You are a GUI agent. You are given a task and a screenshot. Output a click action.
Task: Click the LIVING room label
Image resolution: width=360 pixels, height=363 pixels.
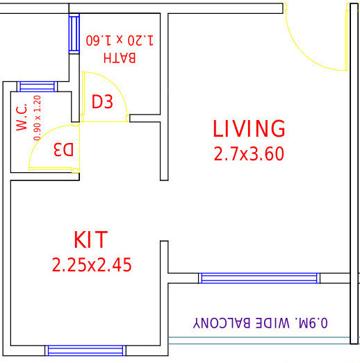pyautogui.click(x=249, y=129)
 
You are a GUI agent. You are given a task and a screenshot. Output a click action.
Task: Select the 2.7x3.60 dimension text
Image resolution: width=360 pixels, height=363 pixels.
pyautogui.click(x=249, y=153)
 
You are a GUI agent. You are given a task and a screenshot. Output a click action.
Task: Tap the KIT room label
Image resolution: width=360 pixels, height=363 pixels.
pyautogui.click(x=91, y=240)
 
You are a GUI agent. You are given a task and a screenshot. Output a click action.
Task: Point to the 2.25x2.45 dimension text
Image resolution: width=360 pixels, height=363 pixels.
pyautogui.click(x=92, y=264)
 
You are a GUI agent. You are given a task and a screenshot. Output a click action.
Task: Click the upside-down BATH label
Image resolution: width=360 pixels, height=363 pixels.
pyautogui.click(x=119, y=57)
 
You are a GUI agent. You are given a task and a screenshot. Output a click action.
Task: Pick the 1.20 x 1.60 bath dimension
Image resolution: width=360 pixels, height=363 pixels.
pyautogui.click(x=119, y=40)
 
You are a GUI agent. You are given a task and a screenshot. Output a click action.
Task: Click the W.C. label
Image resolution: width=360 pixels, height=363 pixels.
pyautogui.click(x=22, y=117)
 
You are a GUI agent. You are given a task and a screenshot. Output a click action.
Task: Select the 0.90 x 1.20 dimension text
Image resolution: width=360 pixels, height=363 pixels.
pyautogui.click(x=37, y=118)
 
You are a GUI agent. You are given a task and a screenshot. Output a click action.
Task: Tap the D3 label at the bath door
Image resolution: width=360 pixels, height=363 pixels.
pyautogui.click(x=102, y=102)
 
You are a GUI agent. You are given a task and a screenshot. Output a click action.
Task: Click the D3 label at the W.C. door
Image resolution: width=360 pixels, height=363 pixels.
pyautogui.click(x=63, y=149)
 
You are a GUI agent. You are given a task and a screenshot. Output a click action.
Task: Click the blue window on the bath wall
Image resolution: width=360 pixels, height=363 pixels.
pyautogui.click(x=74, y=32)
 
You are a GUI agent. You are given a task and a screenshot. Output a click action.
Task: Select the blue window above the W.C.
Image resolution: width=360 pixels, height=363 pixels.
pyautogui.click(x=31, y=87)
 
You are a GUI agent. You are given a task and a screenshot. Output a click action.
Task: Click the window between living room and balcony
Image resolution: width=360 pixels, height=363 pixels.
pyautogui.click(x=259, y=278)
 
